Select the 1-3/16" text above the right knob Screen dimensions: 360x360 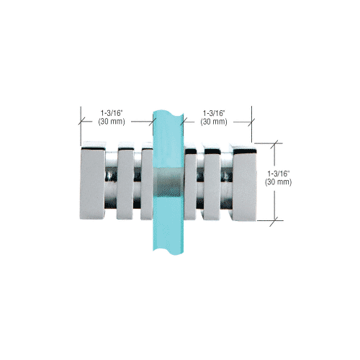point(214,112)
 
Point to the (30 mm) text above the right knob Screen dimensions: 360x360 point(214,122)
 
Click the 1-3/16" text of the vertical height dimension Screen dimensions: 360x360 point(279,174)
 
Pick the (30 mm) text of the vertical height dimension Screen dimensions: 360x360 point(279,183)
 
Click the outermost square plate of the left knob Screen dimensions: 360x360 point(91,183)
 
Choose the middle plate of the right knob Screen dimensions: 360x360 point(212,183)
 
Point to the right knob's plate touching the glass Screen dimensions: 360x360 point(192,183)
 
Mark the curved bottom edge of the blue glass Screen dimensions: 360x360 point(168,253)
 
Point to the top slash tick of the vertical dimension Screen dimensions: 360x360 point(274,144)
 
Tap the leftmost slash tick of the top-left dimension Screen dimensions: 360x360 point(78,122)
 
